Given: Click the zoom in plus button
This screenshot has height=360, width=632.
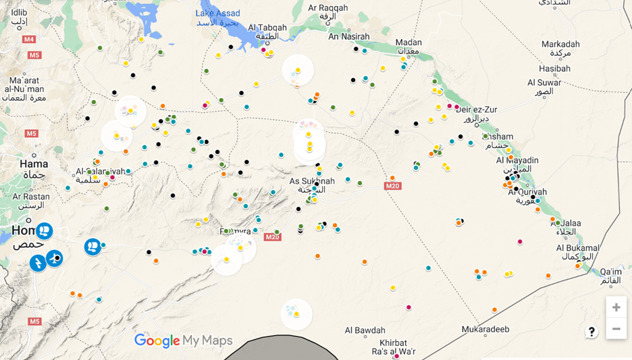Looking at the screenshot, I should tap(616, 307).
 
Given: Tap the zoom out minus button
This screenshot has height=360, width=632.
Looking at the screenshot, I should tap(616, 329).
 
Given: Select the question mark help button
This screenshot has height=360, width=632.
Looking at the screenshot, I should tap(591, 332).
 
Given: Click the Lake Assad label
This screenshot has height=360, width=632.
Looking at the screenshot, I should tap(217, 14).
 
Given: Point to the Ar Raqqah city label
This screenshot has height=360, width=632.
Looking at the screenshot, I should tap(327, 8).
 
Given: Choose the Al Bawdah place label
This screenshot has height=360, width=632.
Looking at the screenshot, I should tap(365, 330).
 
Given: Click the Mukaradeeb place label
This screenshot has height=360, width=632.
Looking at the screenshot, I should tap(485, 329).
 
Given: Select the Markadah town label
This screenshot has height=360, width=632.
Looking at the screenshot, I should tap(560, 44).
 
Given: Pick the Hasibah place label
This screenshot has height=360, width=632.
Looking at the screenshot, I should tap(554, 68).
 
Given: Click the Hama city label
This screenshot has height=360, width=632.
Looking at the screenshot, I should tap(34, 164).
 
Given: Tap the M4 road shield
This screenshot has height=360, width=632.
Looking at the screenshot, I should tap(28, 39).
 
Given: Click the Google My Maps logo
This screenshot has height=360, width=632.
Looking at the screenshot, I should tap(183, 340).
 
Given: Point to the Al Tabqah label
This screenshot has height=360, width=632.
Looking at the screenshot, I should tap(267, 28).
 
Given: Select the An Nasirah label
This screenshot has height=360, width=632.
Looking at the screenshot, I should tap(349, 36).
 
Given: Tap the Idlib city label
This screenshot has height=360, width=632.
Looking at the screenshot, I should tap(19, 12).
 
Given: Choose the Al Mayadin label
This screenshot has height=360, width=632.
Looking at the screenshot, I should tap(517, 160).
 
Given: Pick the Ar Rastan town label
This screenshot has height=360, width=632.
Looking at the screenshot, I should tap(26, 197).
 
